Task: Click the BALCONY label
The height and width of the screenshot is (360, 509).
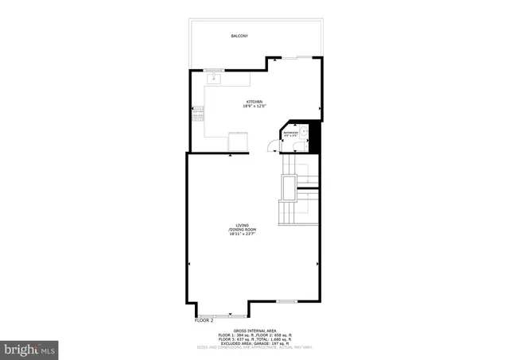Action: coord(239,37)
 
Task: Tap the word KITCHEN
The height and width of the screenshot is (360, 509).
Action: coord(254,102)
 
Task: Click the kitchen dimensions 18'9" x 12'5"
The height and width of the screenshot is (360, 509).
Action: coord(254,106)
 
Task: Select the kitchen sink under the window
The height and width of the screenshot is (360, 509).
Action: coord(215,79)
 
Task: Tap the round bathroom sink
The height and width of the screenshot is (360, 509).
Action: coord(305,130)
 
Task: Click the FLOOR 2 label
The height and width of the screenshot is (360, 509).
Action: coord(205,320)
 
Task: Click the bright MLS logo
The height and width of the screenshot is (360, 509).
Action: coord(30,348)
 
